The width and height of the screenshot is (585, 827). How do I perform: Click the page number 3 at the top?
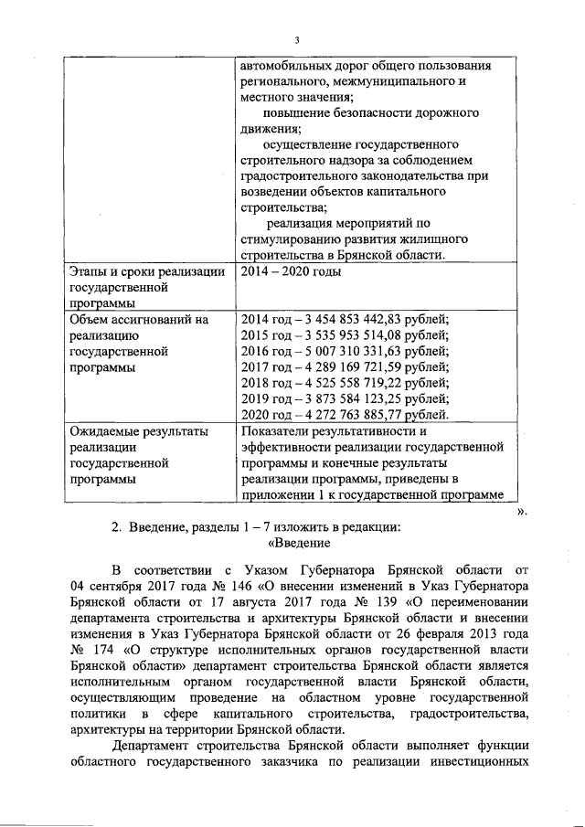[x=297, y=39]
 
